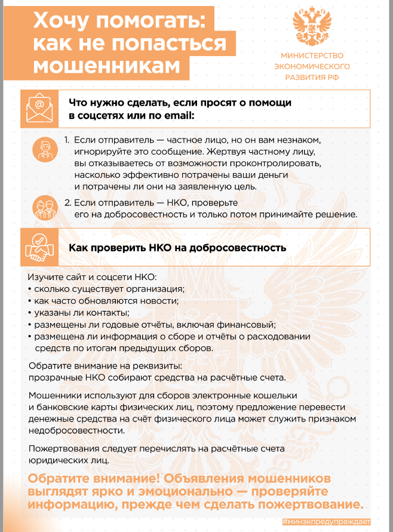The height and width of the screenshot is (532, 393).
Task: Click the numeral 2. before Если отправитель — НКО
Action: point(68,202)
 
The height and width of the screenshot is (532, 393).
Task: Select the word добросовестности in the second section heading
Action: point(242,247)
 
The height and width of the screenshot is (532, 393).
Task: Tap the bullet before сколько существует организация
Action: point(29,290)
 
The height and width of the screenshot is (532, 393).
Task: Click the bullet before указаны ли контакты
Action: point(29,313)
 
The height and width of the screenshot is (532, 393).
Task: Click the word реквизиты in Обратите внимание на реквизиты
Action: point(159,365)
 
